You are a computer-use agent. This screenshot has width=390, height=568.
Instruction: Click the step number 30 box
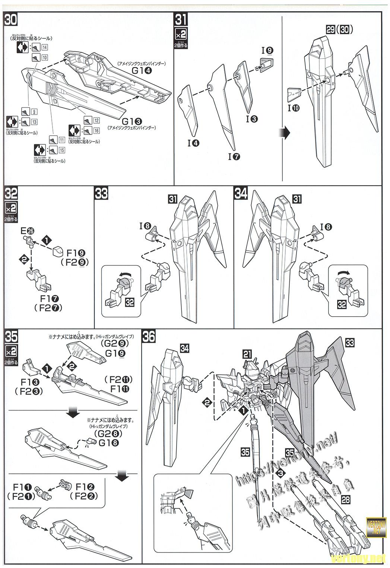tap(11, 20)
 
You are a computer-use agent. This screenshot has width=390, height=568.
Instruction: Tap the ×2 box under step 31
tap(181, 35)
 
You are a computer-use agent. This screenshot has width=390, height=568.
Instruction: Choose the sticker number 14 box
tap(44, 47)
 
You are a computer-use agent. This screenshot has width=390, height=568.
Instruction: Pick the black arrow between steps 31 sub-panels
tap(285, 132)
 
